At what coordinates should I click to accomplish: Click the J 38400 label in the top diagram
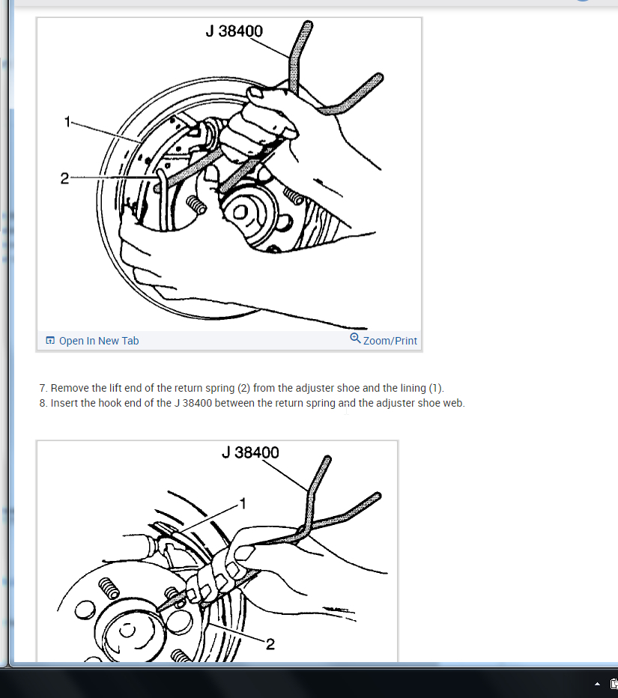click(x=234, y=31)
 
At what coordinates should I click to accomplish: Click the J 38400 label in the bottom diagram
click(x=250, y=452)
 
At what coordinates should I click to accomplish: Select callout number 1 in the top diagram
click(x=67, y=121)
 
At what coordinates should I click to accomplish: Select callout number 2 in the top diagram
click(x=64, y=178)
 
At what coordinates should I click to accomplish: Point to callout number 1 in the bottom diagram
click(x=243, y=503)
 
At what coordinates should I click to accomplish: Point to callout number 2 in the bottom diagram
click(x=270, y=643)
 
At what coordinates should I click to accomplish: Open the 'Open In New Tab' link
click(x=99, y=341)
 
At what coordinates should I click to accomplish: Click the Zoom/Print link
click(x=390, y=341)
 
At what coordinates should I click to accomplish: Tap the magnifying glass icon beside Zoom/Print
click(x=355, y=339)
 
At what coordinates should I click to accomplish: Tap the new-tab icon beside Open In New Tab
click(x=50, y=341)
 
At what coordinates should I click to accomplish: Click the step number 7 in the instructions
click(x=43, y=388)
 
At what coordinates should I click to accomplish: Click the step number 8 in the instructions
click(x=43, y=404)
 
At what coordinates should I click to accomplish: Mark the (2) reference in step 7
click(x=243, y=388)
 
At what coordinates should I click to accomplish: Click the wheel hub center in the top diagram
click(x=240, y=213)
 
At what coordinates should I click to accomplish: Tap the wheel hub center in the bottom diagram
click(x=127, y=630)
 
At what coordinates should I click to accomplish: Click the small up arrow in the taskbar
click(x=598, y=685)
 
